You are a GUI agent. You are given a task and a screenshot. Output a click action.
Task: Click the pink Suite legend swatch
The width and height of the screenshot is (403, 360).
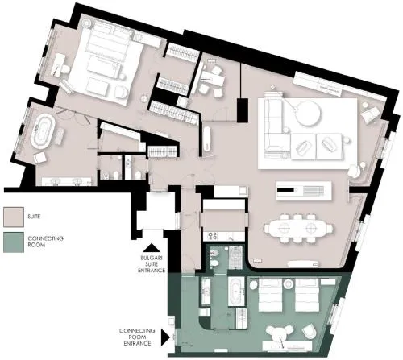tap(14, 217)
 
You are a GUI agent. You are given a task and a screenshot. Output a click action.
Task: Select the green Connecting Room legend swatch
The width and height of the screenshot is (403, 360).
tap(14, 242)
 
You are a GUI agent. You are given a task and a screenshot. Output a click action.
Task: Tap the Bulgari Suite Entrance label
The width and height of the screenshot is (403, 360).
tap(152, 264)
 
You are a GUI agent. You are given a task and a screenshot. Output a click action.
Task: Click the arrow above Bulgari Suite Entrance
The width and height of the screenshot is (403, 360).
tap(152, 248)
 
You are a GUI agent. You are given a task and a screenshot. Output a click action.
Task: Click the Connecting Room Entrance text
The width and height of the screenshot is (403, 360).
tap(137, 337)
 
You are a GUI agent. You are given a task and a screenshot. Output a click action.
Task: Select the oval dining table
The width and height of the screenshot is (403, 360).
tap(298, 229)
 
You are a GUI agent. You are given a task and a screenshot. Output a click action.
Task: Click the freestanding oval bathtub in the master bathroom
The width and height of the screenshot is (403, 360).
tap(43, 130)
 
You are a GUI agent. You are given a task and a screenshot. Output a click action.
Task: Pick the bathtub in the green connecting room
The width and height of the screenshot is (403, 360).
tap(236, 292)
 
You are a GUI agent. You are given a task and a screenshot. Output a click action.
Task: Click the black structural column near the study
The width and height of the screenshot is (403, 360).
tap(243, 110)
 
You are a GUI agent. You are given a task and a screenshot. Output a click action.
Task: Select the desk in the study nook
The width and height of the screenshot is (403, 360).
tap(214, 78)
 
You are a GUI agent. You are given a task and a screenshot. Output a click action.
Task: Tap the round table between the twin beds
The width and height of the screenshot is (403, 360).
tap(289, 284)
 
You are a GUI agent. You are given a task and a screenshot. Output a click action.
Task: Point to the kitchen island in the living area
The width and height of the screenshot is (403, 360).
tap(304, 190)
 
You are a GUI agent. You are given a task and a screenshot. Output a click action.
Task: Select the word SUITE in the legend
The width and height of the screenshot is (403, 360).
tap(34, 217)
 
